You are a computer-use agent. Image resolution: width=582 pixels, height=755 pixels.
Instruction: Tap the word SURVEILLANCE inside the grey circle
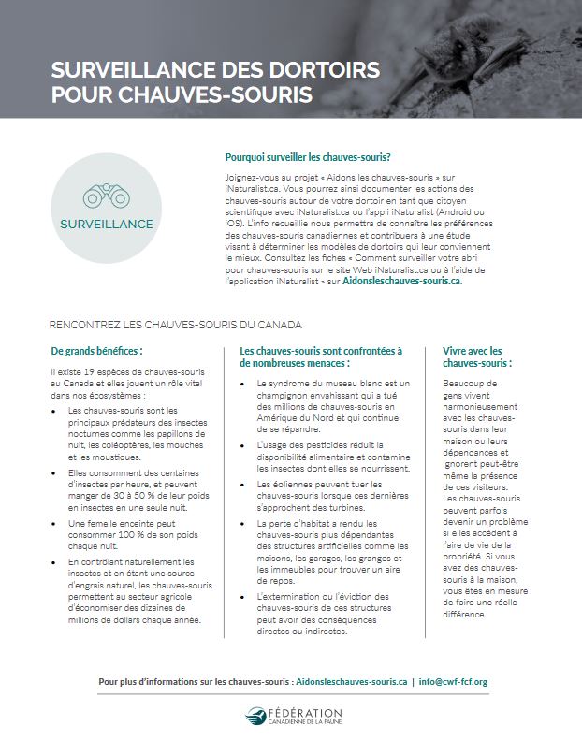tap(106, 225)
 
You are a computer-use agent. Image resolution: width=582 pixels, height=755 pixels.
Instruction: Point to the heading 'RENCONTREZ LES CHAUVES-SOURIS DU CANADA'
tap(176, 325)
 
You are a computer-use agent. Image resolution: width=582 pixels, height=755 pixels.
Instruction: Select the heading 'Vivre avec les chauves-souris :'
tap(472, 356)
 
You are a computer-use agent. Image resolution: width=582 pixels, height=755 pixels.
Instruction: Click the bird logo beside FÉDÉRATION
tap(254, 717)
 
